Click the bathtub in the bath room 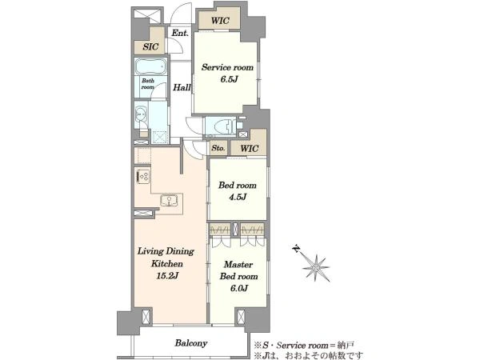coord(151,66)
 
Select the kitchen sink coord(168,200)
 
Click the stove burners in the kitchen coord(143,177)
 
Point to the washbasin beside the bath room coord(141,114)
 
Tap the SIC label coord(150,46)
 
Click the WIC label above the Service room coord(220,21)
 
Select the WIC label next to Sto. coord(249,149)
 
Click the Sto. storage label coord(218,148)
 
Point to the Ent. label coord(180,33)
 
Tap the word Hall coord(182,87)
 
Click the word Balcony coord(191,343)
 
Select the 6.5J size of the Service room coord(229,79)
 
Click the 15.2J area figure coord(167,276)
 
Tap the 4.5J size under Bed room coord(238,197)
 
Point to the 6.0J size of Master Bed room coord(238,288)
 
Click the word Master coord(238,264)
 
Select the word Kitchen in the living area coord(167,263)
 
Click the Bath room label coord(148,84)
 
